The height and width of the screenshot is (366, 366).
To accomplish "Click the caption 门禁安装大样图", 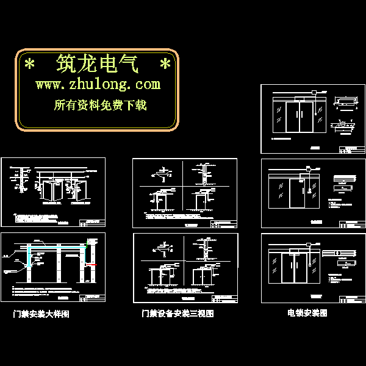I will click(41, 315).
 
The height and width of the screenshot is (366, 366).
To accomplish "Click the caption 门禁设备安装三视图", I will click(178, 314).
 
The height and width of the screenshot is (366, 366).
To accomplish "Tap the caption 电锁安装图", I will click(307, 313).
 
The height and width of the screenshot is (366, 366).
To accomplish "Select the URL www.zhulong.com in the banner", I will click(98, 84).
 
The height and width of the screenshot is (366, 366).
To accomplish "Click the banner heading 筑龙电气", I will click(98, 63).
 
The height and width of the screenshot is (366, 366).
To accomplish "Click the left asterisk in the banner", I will click(29, 64).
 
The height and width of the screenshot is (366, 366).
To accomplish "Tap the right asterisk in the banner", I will click(165, 64).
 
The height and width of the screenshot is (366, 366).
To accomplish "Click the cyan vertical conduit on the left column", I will click(28, 257).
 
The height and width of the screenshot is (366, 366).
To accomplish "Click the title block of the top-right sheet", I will click(352, 151).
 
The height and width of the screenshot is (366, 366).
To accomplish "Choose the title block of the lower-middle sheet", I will click(223, 299).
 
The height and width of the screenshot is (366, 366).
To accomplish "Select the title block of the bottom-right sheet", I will click(352, 298).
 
